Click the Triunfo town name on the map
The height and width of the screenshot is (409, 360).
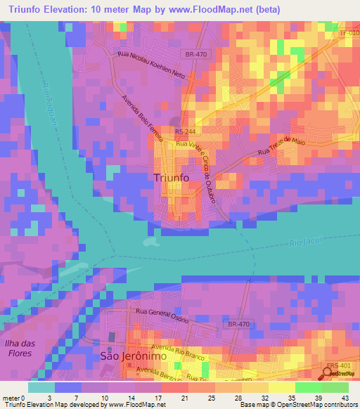[x=171, y=178]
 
